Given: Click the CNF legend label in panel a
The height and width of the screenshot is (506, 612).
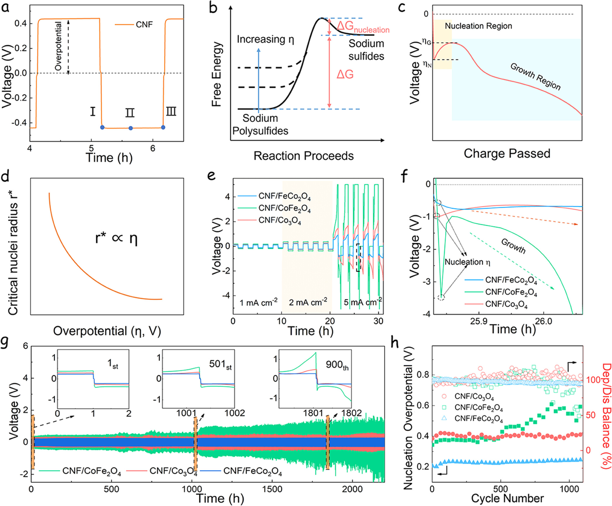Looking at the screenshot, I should (144, 25).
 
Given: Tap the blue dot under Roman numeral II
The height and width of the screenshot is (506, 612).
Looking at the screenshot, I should (131, 128).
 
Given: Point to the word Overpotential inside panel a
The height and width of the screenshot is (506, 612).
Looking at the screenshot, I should (59, 46).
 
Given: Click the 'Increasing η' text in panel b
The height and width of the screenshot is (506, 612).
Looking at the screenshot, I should (265, 39).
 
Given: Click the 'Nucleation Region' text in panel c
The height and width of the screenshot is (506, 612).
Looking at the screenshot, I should (478, 26).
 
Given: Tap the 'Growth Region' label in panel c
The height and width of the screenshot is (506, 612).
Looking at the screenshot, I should (535, 77).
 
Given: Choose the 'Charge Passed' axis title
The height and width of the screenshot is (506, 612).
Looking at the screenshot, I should (507, 154).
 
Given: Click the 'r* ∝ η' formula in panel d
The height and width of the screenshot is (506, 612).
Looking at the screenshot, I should (116, 238).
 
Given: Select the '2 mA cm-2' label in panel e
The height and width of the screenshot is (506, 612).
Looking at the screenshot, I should (308, 302).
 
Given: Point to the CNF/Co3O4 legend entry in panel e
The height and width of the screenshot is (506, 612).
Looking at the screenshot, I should (279, 221).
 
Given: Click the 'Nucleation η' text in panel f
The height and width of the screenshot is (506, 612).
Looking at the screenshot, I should (467, 262).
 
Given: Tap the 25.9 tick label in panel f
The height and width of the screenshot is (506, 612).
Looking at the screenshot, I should (479, 321).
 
